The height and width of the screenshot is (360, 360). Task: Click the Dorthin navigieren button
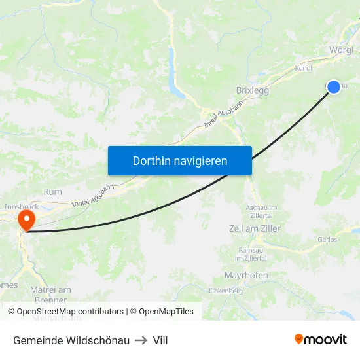click(x=180, y=160)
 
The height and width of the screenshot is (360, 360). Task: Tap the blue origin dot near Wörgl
click(x=334, y=86)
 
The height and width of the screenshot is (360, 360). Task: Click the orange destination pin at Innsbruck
click(x=27, y=218)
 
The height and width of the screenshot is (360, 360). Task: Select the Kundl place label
click(x=304, y=67)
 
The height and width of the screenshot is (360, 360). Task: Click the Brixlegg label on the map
click(x=252, y=91)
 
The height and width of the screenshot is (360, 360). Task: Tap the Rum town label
click(x=52, y=192)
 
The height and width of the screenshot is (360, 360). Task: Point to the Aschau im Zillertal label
click(x=262, y=211)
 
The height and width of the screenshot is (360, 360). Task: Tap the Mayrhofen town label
click(x=246, y=276)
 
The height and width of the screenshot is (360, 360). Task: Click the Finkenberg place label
click(x=226, y=291)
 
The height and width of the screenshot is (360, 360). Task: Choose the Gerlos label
click(x=327, y=240)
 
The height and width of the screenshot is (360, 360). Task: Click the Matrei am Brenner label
click(x=50, y=295)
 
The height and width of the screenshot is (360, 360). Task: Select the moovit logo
click(x=321, y=340)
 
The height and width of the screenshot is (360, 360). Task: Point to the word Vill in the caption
click(x=160, y=340)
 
